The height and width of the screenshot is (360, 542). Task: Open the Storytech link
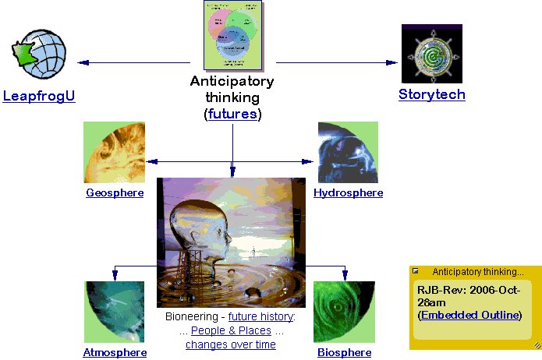[431, 94]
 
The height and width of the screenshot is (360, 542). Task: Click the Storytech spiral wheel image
[431, 53]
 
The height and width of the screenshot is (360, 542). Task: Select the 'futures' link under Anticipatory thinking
[232, 114]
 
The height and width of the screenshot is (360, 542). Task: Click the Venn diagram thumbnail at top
[232, 36]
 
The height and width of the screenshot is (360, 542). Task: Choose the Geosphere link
[115, 192]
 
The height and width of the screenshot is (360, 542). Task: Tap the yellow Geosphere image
[114, 153]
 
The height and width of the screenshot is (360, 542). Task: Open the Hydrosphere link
[348, 192]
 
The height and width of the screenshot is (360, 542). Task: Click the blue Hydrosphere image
[348, 153]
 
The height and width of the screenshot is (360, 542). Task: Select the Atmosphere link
[115, 352]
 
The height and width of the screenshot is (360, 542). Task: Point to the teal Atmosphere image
[115, 312]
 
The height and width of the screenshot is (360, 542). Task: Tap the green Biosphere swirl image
[344, 312]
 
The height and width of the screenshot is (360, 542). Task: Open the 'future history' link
[260, 317]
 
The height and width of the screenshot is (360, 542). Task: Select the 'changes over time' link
[231, 344]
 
